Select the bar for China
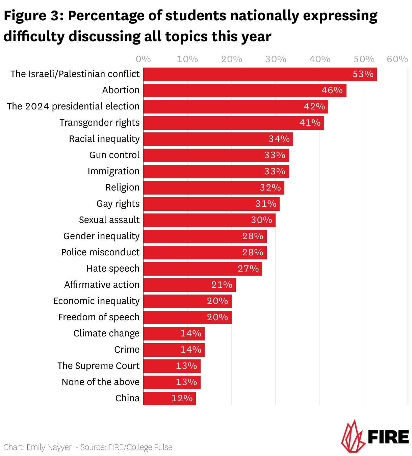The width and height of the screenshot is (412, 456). tap(169, 399)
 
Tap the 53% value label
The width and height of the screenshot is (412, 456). tap(363, 74)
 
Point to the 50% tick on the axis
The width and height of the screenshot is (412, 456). tap(364, 59)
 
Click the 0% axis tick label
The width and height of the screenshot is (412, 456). tap(143, 59)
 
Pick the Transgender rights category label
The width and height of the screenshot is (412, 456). tap(99, 123)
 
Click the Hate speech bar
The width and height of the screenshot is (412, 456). tap(202, 269)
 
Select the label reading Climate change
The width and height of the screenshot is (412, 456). tap(106, 333)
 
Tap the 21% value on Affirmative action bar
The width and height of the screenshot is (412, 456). tap(222, 285)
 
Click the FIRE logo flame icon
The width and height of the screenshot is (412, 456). tap(353, 436)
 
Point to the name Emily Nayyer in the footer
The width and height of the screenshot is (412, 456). tap(49, 447)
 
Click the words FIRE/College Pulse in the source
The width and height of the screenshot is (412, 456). tap(140, 447)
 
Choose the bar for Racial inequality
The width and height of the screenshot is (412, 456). tap(218, 139)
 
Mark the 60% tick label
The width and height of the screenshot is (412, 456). tap(397, 59)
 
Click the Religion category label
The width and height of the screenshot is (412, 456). tap(122, 187)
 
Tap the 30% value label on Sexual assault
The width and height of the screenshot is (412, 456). tap(261, 220)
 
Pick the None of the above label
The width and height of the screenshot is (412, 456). tap(101, 382)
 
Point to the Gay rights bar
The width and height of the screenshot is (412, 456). tap(211, 204)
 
